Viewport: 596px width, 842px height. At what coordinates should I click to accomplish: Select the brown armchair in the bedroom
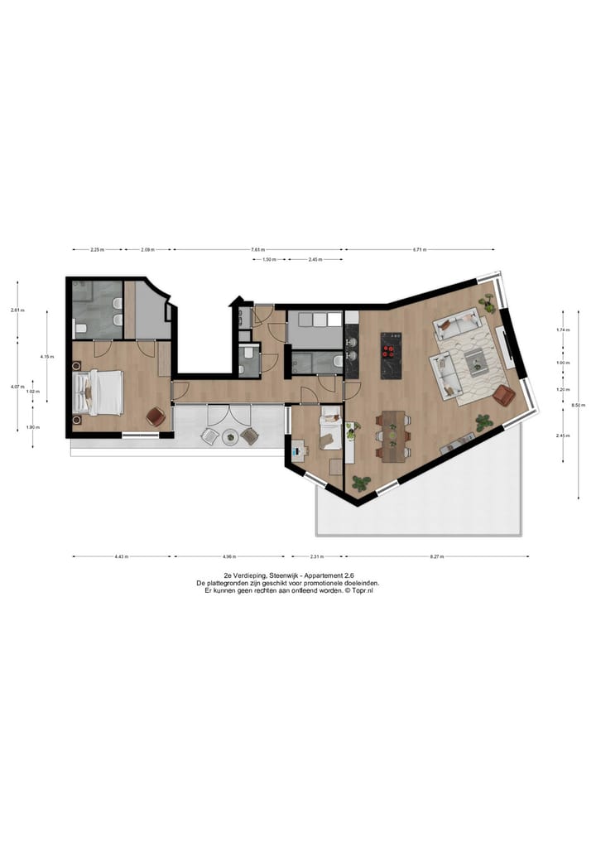pos(154,416)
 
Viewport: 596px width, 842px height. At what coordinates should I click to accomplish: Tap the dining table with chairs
pos(392,434)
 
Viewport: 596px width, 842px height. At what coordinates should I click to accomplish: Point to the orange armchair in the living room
pos(503,396)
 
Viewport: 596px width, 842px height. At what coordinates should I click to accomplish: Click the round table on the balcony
pos(229,436)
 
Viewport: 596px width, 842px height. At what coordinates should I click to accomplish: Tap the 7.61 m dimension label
pos(257,249)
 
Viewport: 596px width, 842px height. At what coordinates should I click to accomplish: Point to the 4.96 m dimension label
pos(230,556)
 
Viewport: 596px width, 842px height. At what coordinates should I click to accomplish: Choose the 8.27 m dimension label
pos(436,556)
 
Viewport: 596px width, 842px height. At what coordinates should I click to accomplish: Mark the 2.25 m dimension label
pos(97,249)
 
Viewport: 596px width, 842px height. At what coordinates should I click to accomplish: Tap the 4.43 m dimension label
pos(122,556)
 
